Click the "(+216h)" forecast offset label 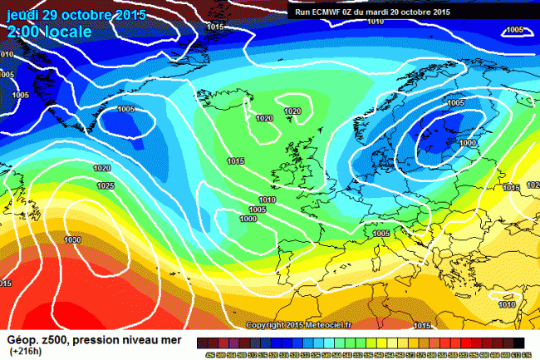pyautogui.click(x=26, y=353)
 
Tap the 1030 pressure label pyautogui.click(x=72, y=239)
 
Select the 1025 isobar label pyautogui.click(x=106, y=185)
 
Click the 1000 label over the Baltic pyautogui.click(x=468, y=143)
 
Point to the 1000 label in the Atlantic pyautogui.click(x=248, y=218)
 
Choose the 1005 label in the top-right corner pyautogui.click(x=514, y=30)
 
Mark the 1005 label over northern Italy pyautogui.click(x=381, y=234)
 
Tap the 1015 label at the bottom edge pyautogui.click(x=422, y=325)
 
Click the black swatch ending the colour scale pyautogui.click(x=518, y=343)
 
